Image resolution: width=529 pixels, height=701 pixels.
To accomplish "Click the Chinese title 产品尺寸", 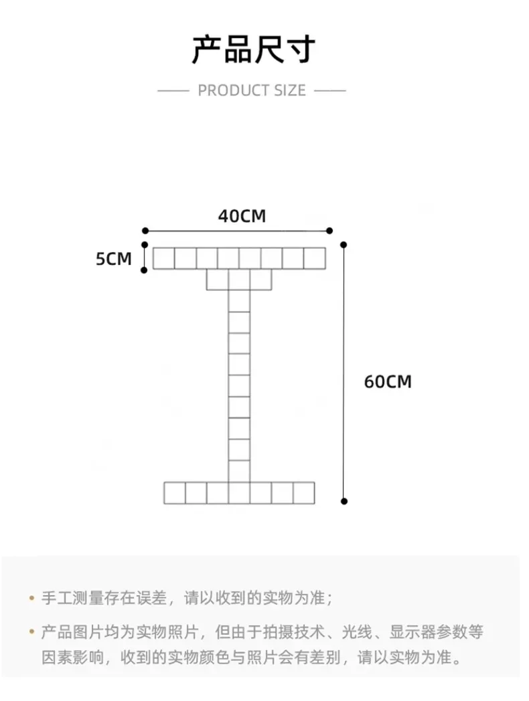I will [253, 50].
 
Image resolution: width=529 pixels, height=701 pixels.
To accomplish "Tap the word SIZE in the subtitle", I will [289, 90].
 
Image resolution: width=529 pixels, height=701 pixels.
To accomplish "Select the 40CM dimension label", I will [242, 216].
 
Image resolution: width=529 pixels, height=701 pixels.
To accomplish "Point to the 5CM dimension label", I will [114, 258].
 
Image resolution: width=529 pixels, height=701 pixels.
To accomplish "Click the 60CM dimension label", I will [388, 382].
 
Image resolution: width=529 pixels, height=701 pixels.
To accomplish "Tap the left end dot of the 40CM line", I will [145, 231].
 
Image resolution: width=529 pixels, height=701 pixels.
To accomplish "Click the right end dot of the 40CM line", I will [329, 231].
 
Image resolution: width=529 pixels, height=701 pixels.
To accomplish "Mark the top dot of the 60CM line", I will [344, 245].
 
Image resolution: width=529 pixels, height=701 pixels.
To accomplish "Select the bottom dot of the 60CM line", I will [344, 500].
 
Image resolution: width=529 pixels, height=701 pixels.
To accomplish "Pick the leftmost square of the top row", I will [164, 258].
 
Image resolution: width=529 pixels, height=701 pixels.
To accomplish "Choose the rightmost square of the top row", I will [314, 258].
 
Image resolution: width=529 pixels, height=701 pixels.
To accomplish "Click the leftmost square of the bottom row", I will [175, 492].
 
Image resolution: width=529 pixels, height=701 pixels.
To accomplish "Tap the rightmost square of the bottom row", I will [303, 492].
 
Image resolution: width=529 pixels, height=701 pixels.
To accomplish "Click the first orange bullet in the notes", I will [31, 597].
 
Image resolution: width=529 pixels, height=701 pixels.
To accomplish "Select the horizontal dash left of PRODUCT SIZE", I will [173, 90].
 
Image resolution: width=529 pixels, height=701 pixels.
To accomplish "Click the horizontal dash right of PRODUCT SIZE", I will [330, 90].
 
